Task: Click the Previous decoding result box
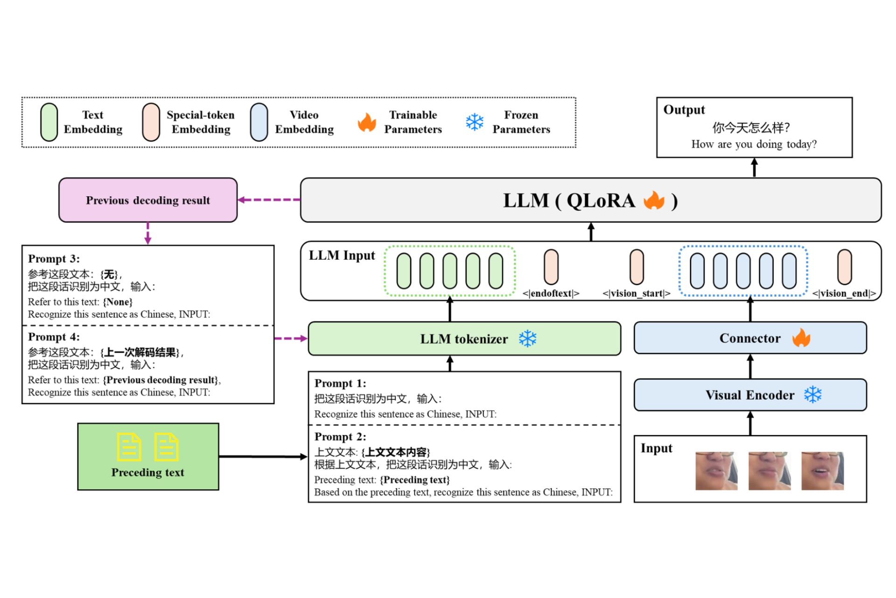147,200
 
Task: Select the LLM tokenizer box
464,339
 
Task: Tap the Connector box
750,338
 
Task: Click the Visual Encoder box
750,395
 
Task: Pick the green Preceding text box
148,456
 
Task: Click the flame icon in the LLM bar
654,200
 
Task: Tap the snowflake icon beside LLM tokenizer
528,339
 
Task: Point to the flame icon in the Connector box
801,338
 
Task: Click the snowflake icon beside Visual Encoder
813,395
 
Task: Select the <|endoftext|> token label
551,293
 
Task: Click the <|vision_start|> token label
636,293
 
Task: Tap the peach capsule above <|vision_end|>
844,267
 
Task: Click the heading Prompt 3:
54,259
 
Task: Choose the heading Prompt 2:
340,437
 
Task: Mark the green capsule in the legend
49,122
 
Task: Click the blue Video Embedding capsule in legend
259,122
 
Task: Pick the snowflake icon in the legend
475,122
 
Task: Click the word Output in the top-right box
684,110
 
